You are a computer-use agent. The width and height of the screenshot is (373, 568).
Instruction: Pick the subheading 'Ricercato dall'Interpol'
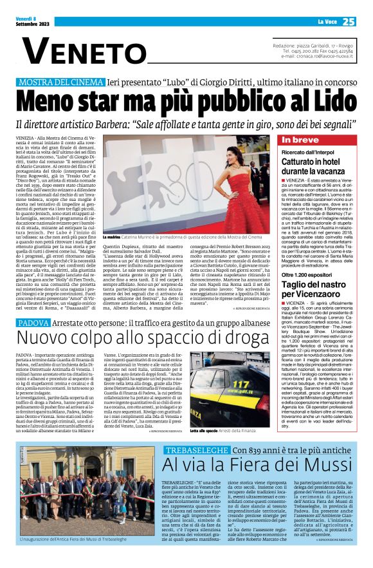[307, 152]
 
